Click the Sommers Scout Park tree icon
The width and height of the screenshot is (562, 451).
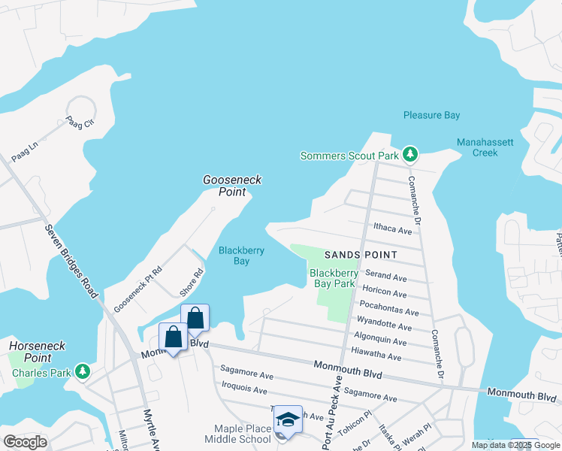(409, 156)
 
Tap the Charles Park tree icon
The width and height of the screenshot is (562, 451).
(83, 371)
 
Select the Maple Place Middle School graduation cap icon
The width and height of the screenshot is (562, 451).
(287, 419)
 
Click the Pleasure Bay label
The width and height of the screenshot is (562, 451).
(431, 115)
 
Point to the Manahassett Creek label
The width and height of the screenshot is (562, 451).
(477, 147)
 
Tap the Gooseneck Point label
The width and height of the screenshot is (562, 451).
(225, 186)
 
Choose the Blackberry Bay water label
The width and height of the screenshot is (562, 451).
(240, 256)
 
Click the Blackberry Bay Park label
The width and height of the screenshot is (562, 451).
(333, 278)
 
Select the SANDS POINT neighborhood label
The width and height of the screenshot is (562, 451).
(361, 255)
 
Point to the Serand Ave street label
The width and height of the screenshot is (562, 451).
(385, 277)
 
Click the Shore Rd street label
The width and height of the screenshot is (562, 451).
(193, 283)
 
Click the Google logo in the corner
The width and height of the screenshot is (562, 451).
(25, 441)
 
